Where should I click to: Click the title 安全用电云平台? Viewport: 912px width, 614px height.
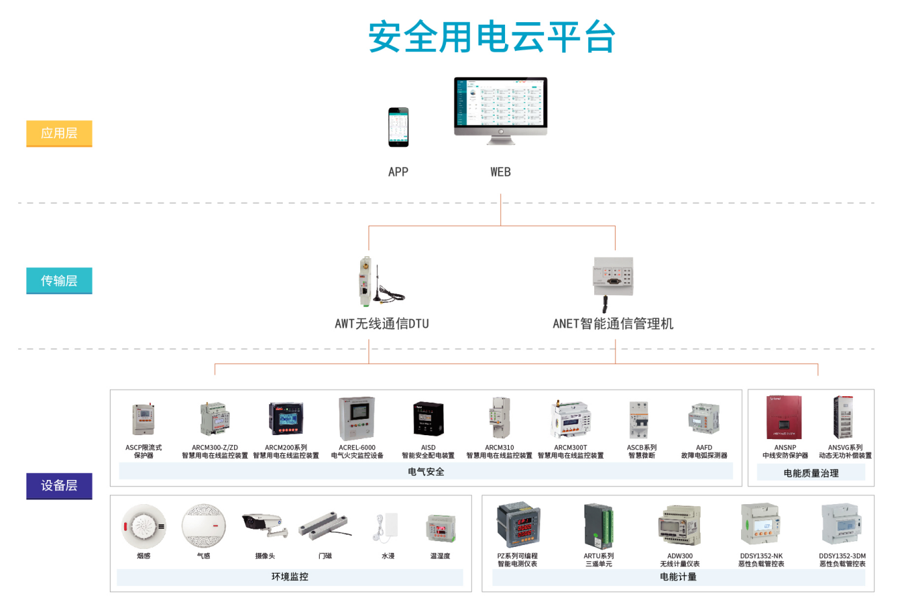tap(491, 37)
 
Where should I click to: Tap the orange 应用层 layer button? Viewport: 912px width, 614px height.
tap(59, 133)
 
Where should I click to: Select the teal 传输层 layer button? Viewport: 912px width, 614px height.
tap(59, 281)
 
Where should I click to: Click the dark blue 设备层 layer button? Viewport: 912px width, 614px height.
tap(59, 486)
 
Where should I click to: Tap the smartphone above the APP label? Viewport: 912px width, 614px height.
tap(398, 127)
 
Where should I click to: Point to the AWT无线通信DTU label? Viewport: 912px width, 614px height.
tap(382, 324)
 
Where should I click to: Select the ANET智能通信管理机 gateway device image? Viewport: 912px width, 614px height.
tap(612, 278)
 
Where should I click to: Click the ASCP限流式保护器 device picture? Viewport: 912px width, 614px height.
tap(144, 419)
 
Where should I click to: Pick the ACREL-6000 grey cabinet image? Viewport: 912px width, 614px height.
tap(357, 419)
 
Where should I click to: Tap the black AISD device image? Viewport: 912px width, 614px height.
tap(428, 419)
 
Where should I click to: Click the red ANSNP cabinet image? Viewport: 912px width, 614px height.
tap(784, 417)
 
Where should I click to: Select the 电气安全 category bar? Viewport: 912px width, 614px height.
tap(426, 472)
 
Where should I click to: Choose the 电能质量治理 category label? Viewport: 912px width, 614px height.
tap(811, 473)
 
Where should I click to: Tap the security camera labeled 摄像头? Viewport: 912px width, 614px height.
tap(265, 524)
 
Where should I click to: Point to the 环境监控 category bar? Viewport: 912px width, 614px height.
tap(290, 577)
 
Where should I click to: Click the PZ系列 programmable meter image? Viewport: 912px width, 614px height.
tap(517, 524)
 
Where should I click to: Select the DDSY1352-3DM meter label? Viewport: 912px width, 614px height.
tap(842, 560)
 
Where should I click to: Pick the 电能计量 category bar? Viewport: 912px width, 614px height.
tap(678, 577)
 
